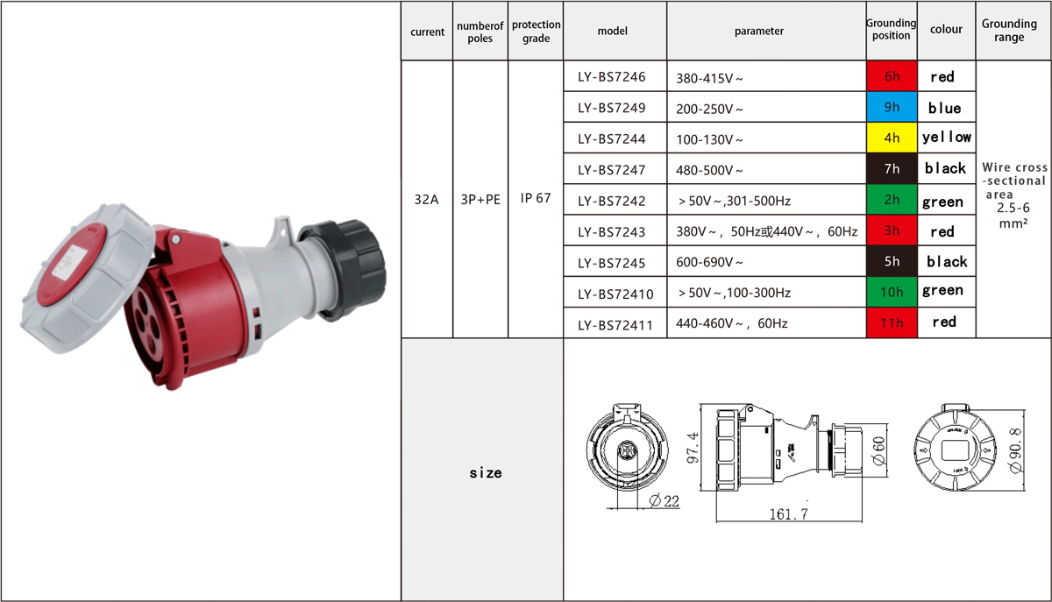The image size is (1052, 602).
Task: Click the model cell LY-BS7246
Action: point(612,77)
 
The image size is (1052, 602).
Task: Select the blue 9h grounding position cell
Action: point(892,107)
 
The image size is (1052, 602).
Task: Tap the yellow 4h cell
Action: point(892,138)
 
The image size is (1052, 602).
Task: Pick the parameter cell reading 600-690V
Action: point(709,262)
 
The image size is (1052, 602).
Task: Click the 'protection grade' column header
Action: point(536,31)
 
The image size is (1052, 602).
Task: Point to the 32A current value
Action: point(426,200)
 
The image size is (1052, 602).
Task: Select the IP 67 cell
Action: point(535,198)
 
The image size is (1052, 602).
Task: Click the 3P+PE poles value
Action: point(480,200)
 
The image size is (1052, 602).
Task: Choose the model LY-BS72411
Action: point(615,325)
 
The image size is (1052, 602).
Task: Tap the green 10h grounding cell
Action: point(892,292)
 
